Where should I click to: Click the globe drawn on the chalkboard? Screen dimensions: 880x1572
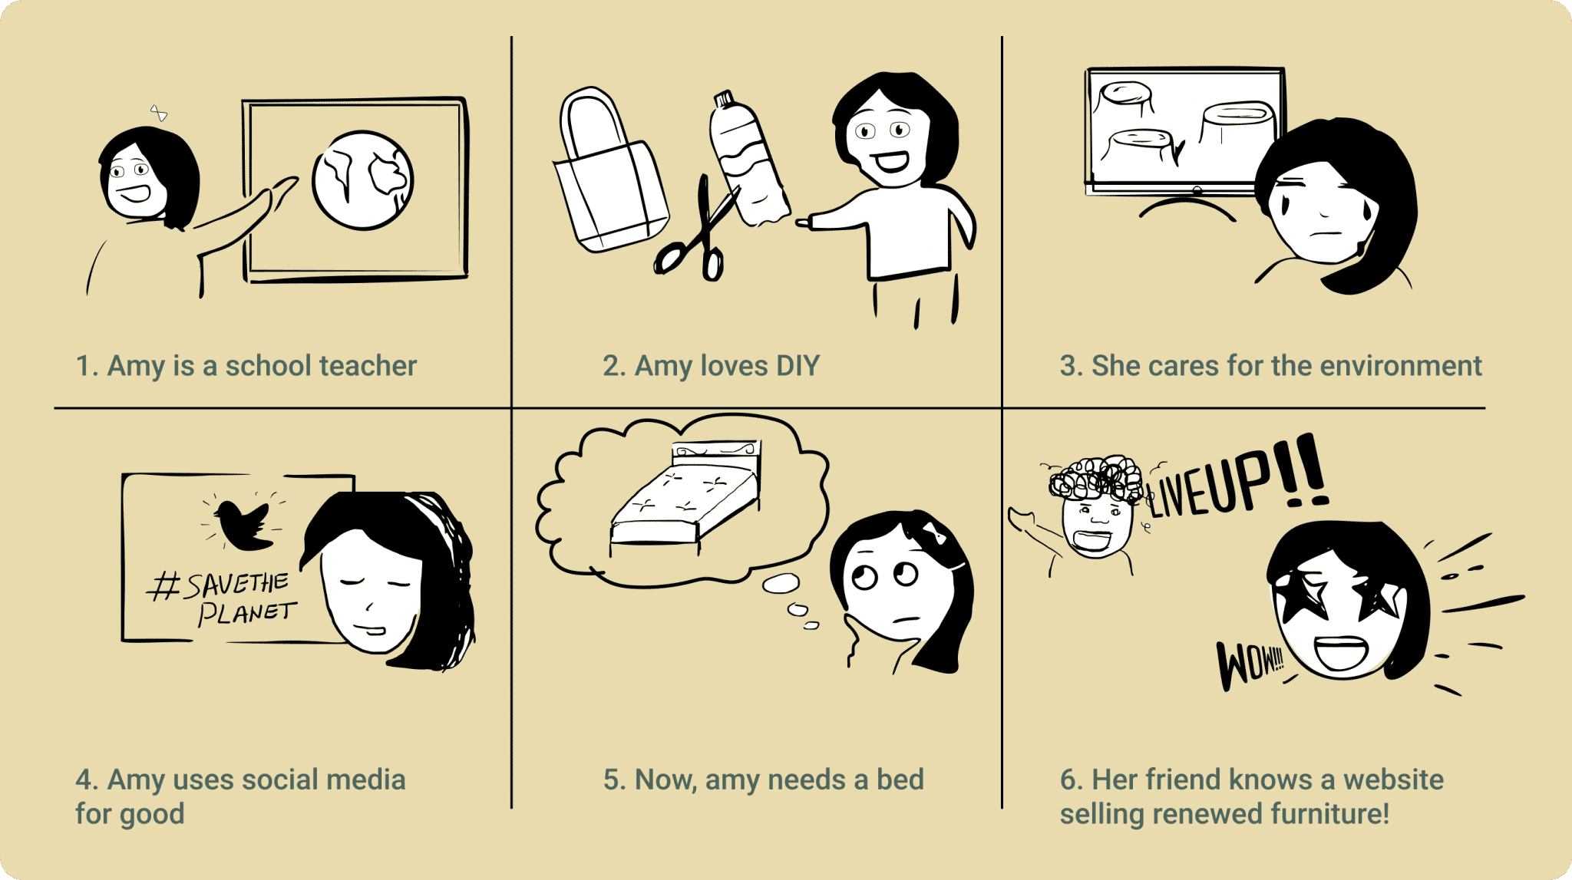coord(362,180)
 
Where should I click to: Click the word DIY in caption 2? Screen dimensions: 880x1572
coord(798,366)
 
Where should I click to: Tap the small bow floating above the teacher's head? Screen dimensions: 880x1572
coord(158,114)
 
